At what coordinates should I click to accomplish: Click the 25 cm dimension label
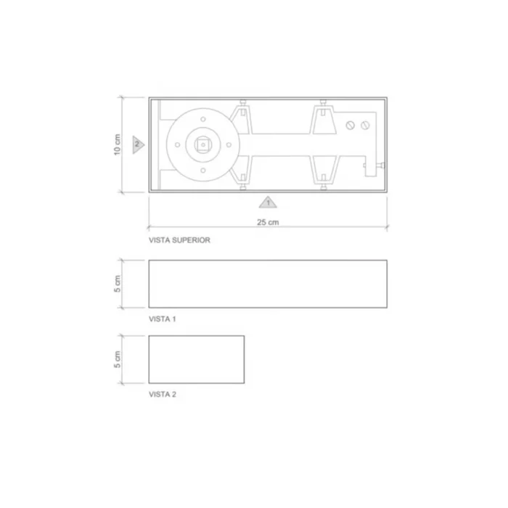click(x=268, y=222)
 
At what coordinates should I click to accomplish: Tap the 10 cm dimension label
click(x=118, y=145)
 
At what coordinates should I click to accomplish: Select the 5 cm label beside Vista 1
click(x=118, y=284)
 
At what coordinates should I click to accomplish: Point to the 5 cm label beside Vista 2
click(x=118, y=359)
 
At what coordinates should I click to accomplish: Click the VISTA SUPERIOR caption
click(x=179, y=240)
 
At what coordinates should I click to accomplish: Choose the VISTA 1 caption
click(x=163, y=319)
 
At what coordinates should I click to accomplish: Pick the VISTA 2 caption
click(x=163, y=394)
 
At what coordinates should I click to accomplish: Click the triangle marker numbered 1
click(x=268, y=202)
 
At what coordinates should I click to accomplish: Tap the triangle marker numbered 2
click(x=138, y=144)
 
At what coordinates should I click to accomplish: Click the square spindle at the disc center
click(x=203, y=144)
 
